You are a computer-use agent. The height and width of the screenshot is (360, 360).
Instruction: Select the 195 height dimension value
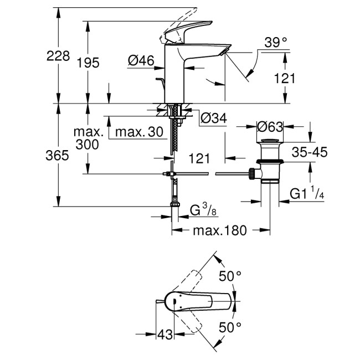[88, 63]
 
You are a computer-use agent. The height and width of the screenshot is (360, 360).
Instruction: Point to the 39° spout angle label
[276, 42]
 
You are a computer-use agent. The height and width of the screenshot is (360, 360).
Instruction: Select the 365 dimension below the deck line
[58, 156]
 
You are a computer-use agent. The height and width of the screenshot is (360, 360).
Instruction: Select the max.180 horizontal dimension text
[221, 230]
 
